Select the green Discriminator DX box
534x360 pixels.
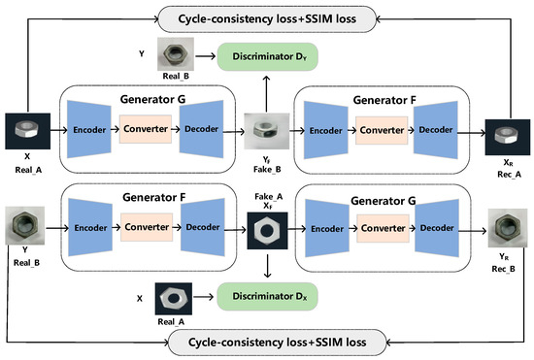(x=267, y=296)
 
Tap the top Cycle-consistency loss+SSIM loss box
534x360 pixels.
(x=267, y=16)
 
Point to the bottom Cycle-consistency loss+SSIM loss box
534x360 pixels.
(x=267, y=343)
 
